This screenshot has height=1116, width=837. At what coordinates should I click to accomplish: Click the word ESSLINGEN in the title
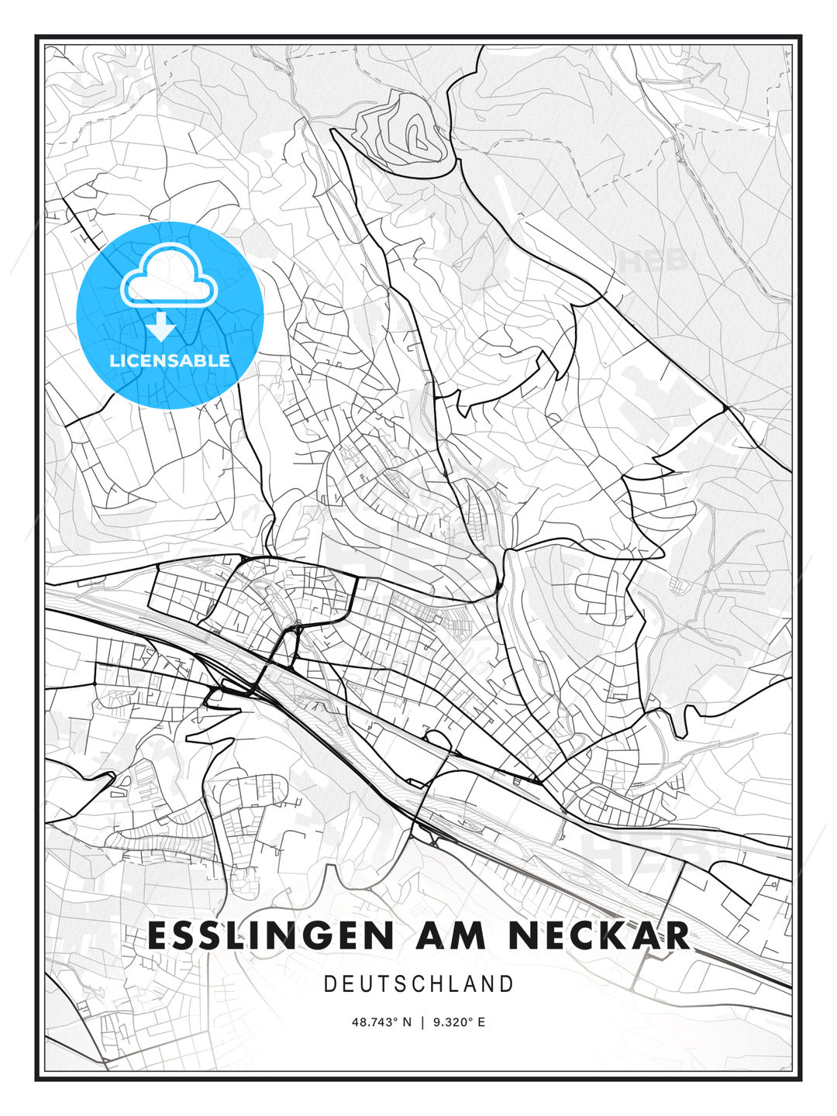[x=270, y=935]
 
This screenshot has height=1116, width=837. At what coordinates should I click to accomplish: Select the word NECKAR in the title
[x=598, y=935]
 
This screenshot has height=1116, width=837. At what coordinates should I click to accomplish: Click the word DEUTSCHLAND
[x=418, y=984]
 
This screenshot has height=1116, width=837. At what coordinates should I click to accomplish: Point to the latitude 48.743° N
[x=382, y=1022]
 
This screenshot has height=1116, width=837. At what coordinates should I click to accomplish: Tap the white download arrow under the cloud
[x=162, y=328]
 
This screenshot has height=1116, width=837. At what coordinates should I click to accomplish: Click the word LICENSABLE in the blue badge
[x=170, y=360]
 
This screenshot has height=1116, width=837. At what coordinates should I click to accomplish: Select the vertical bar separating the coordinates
[x=422, y=1022]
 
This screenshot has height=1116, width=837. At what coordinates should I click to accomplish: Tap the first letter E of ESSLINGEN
[x=158, y=935]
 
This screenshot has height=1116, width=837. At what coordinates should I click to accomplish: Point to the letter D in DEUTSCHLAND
[x=330, y=984]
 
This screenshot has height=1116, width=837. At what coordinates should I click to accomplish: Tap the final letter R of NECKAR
[x=676, y=935]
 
